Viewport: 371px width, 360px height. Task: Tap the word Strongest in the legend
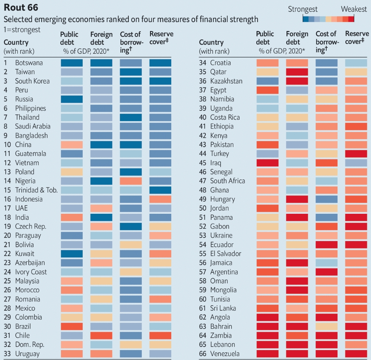point(303,9)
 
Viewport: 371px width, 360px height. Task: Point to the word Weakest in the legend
point(353,9)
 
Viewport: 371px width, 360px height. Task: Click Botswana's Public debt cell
point(72,63)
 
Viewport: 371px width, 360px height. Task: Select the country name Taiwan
point(25,72)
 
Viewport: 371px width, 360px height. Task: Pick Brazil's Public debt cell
point(72,326)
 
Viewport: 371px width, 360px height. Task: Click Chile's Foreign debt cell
point(101,335)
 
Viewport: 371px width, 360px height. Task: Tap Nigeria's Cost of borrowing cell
point(131,181)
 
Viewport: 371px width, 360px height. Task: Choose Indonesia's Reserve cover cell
point(160,199)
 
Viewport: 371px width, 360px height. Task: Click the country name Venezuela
point(225,354)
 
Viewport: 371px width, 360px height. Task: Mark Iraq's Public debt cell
point(267,163)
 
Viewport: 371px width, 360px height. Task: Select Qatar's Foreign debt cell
point(297,72)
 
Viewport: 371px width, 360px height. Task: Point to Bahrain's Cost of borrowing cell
point(326,326)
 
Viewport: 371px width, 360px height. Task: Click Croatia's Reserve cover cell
point(356,63)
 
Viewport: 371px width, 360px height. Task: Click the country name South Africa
point(228,181)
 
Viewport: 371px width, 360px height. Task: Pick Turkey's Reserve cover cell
point(356,154)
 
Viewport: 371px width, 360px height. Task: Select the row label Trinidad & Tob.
point(36,190)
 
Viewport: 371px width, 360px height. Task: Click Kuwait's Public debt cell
point(72,253)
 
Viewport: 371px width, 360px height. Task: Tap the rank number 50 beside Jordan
point(203,208)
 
